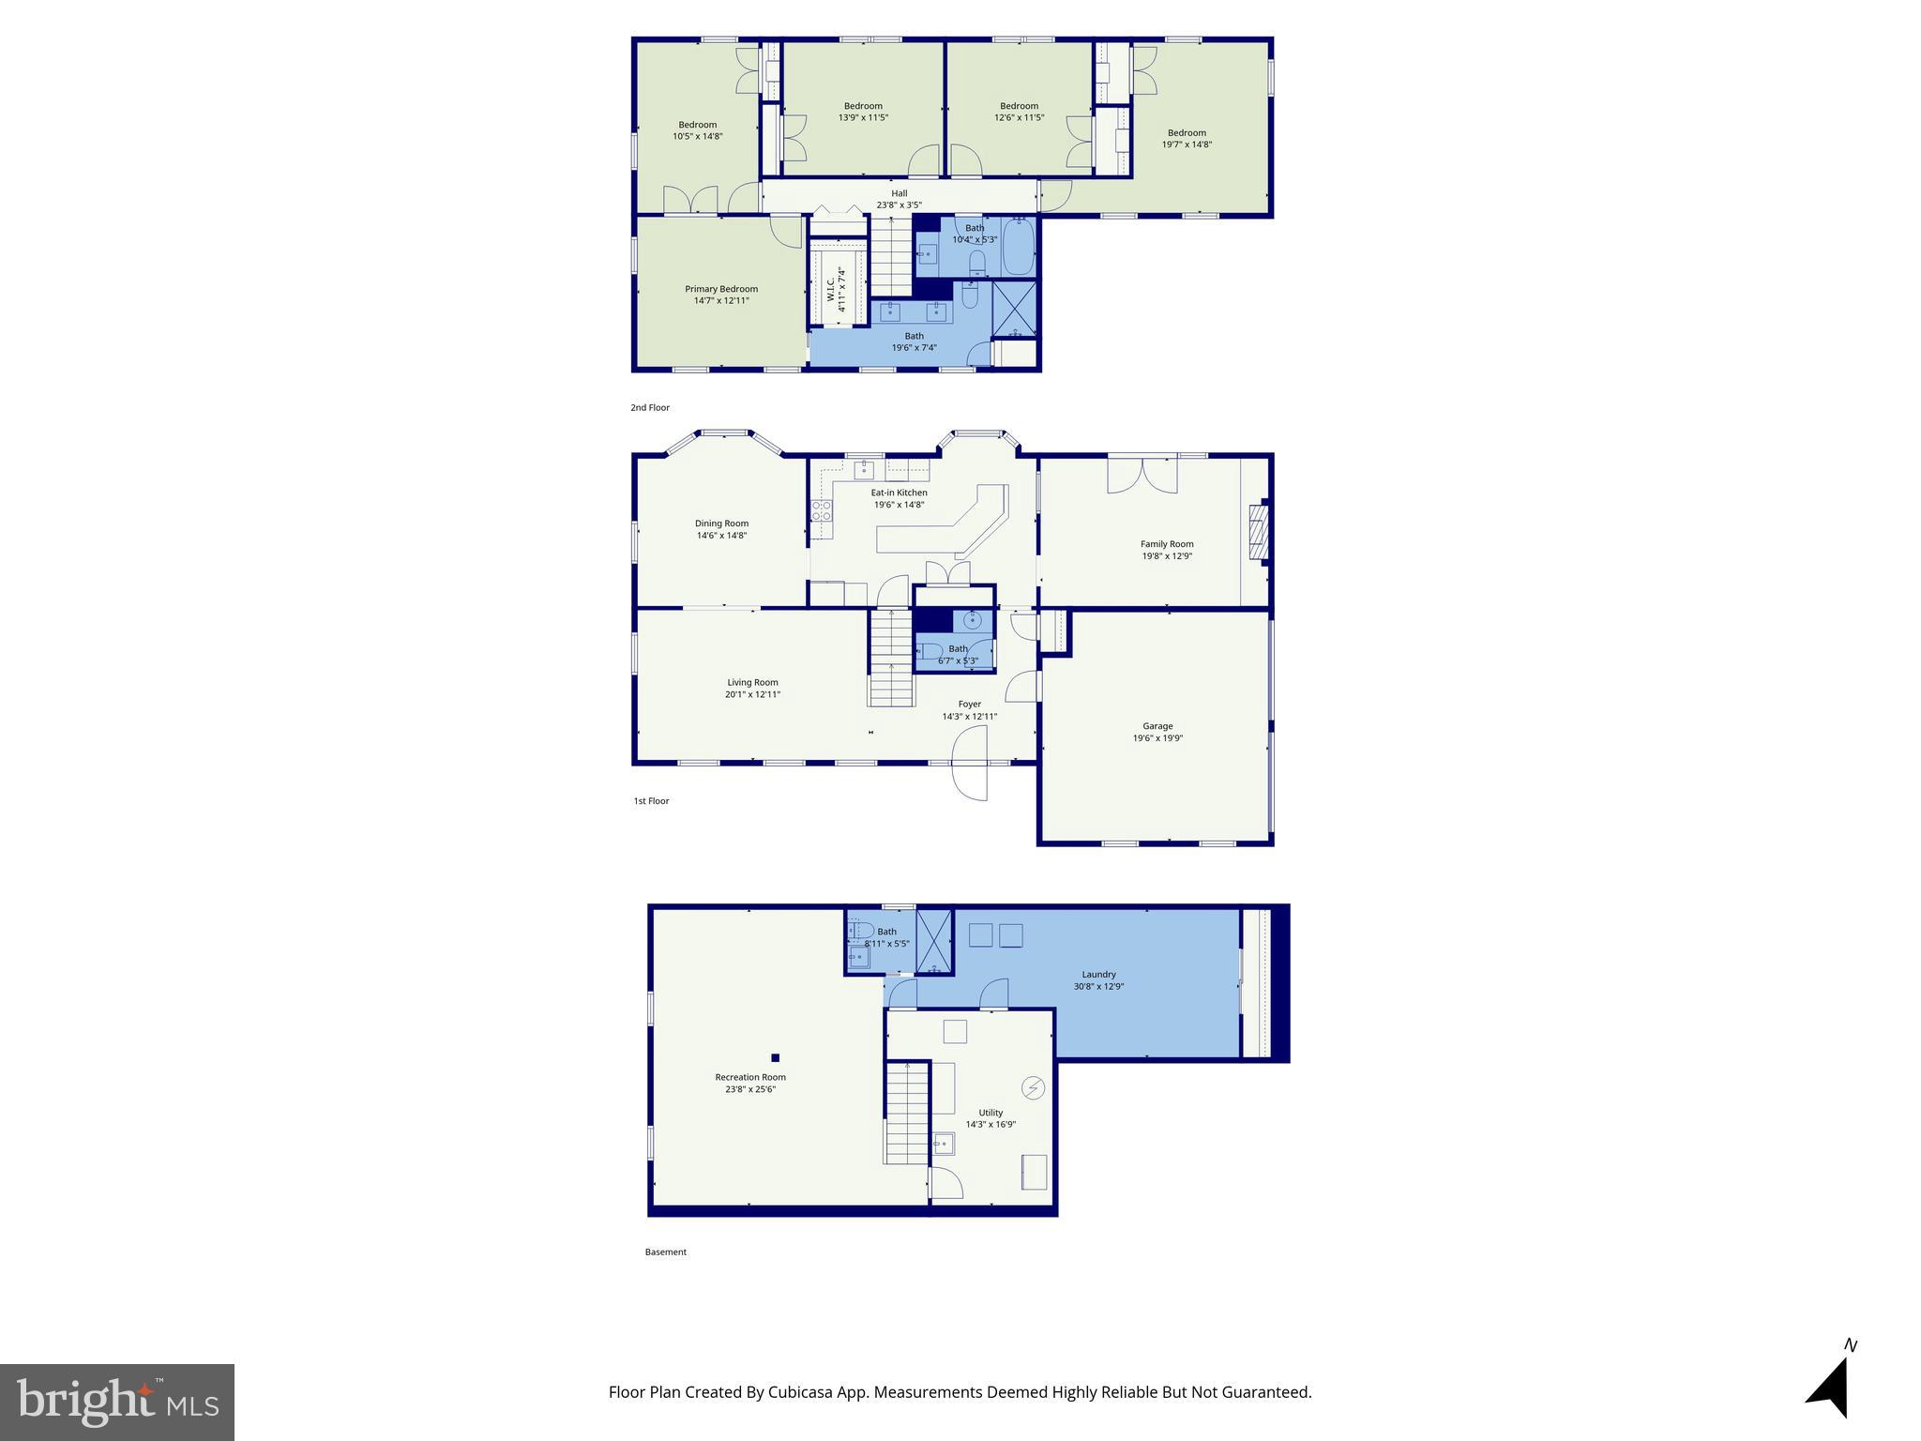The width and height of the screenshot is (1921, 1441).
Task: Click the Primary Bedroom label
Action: click(720, 289)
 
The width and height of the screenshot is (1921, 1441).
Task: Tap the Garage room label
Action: click(1157, 726)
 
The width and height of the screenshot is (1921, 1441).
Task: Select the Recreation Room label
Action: click(749, 1077)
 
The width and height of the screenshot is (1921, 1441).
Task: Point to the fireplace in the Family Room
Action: click(1258, 533)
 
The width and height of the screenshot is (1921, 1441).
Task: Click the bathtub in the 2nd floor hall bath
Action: click(1018, 246)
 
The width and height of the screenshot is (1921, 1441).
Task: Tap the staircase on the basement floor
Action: click(907, 1114)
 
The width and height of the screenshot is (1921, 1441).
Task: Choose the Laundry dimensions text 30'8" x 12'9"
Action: click(1098, 987)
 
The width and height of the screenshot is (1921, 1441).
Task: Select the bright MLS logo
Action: click(117, 1402)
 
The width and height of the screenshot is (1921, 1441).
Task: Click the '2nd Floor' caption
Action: click(650, 408)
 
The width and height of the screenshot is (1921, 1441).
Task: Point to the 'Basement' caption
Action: click(665, 1252)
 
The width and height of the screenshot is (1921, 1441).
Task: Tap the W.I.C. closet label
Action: click(831, 288)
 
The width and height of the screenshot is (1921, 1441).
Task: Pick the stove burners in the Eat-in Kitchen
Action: click(822, 510)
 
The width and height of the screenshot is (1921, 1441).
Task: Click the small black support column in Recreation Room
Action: click(775, 1058)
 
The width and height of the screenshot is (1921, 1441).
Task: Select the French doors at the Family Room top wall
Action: click(1142, 475)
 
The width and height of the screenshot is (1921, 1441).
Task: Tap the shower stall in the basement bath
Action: click(934, 941)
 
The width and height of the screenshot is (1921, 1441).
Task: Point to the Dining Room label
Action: click(721, 523)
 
